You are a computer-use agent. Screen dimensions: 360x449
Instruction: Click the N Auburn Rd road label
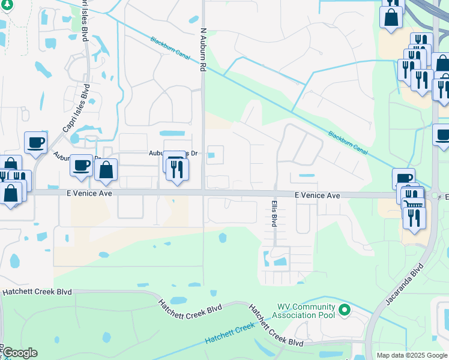pyautogui.click(x=203, y=50)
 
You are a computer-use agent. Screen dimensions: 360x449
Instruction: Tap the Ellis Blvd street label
pyautogui.click(x=274, y=212)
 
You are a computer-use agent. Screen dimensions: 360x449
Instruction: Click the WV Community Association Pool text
pyautogui.click(x=304, y=310)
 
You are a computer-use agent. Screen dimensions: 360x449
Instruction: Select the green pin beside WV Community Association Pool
pyautogui.click(x=344, y=310)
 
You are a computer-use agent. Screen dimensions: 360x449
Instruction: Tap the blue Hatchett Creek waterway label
pyautogui.click(x=231, y=334)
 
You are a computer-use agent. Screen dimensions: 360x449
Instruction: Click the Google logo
pyautogui.click(x=19, y=353)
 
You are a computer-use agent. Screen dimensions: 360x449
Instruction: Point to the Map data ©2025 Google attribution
pyautogui.click(x=411, y=355)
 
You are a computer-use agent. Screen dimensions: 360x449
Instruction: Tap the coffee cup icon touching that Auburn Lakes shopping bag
pyautogui.click(x=81, y=165)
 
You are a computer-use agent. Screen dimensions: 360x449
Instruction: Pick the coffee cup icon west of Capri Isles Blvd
pyautogui.click(x=35, y=142)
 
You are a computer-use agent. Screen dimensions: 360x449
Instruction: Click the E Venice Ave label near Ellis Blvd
pyautogui.click(x=318, y=196)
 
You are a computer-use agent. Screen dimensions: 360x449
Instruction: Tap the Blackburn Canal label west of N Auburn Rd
pyautogui.click(x=170, y=46)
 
